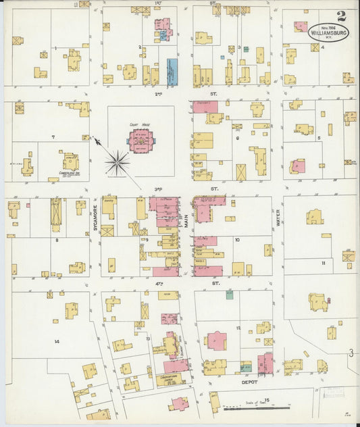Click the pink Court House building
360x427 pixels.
click(142, 141)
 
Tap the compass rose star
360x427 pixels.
click(118, 162)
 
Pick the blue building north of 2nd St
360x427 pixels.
click(172, 72)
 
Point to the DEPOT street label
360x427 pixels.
click(250, 382)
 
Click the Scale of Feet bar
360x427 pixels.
click(257, 407)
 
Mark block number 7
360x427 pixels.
click(53, 137)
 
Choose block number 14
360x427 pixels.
click(57, 341)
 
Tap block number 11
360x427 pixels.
click(324, 262)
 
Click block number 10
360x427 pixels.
click(237, 240)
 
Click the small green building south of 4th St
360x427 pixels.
click(230, 295)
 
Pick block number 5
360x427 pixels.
click(318, 137)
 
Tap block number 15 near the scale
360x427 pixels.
click(267, 401)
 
